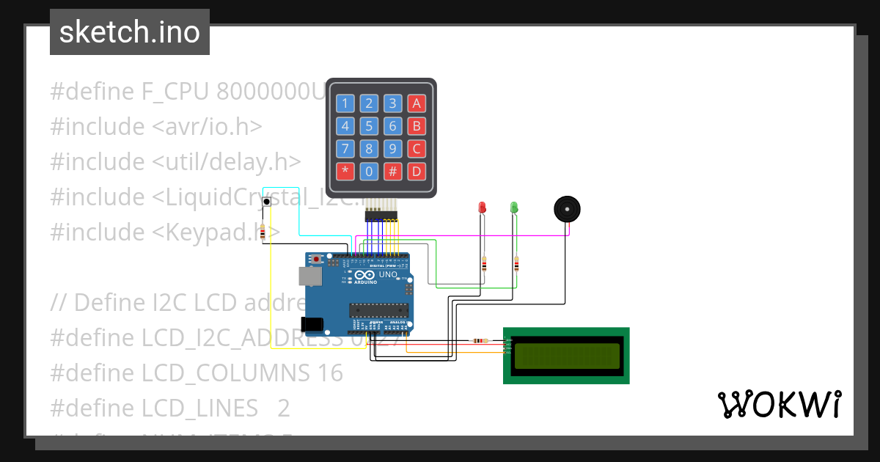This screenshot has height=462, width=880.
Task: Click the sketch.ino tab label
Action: point(130,32)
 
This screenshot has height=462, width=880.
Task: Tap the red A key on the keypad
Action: point(417,103)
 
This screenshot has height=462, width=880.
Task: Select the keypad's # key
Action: point(393,172)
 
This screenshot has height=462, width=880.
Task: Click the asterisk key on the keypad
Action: point(345,172)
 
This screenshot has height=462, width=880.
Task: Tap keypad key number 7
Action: point(345,149)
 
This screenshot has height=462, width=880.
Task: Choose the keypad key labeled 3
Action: point(393,103)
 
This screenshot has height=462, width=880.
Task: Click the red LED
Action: point(482,208)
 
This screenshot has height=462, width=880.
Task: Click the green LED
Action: point(514,208)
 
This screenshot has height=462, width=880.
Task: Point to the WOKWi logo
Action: point(779,404)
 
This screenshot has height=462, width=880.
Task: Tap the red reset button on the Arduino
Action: point(316,260)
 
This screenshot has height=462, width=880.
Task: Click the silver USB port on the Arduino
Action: point(309,276)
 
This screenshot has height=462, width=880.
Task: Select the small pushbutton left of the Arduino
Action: point(267,201)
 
